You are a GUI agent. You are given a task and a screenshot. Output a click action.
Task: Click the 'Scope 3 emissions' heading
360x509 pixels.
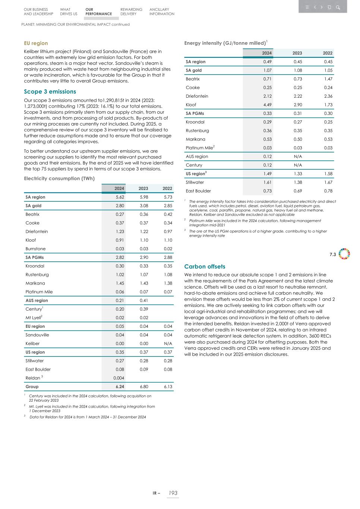50,92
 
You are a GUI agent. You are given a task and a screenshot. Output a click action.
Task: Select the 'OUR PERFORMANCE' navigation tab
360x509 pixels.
98,12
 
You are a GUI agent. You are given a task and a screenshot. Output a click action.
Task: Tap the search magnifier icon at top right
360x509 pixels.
338,7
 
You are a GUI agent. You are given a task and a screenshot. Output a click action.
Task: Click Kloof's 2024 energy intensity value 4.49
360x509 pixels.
267,105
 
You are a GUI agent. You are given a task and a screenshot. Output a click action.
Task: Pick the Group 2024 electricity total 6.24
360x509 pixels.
120,387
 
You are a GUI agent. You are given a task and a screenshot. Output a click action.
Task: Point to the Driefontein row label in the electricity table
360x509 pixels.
37,232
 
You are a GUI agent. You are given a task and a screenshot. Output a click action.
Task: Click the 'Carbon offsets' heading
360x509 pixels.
204,267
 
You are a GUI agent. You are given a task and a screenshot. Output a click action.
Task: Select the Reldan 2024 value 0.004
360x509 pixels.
119,378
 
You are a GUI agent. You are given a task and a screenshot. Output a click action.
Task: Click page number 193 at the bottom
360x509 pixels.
173,493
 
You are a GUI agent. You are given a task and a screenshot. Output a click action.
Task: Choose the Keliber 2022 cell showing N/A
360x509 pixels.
168,344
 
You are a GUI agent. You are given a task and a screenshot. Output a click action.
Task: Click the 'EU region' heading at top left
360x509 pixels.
36,43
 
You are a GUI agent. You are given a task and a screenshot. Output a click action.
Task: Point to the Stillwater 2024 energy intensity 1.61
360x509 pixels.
267,182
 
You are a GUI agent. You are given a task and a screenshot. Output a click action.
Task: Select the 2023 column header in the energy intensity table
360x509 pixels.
297,53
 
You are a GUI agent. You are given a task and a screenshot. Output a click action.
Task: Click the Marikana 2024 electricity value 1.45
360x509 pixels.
120,283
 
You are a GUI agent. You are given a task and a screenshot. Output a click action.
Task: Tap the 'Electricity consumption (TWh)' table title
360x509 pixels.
59,179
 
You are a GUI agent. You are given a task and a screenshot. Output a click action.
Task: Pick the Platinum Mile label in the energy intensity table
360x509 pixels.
199,148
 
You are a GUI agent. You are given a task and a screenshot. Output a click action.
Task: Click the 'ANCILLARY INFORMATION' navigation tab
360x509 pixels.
162,12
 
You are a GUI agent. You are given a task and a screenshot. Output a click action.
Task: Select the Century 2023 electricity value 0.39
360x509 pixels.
144,309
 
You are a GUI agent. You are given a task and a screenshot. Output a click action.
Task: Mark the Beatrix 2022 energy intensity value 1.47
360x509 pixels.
328,79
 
